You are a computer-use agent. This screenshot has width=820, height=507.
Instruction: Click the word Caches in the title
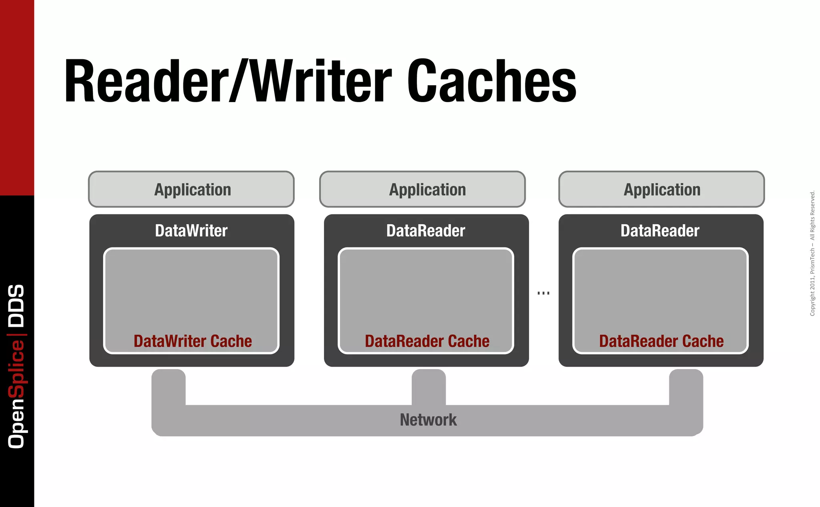(492, 81)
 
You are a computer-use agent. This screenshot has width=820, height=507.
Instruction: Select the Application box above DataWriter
(191, 189)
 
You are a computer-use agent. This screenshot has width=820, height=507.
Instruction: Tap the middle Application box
(422, 189)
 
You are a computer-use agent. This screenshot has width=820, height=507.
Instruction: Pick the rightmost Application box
(661, 189)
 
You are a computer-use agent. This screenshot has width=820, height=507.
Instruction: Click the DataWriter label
(191, 231)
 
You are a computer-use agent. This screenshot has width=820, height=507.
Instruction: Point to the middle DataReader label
(426, 231)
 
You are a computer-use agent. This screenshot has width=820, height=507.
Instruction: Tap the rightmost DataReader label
(660, 231)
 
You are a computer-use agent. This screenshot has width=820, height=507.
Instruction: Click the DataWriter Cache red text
(193, 341)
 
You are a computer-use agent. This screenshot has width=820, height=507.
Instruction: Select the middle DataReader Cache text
(427, 341)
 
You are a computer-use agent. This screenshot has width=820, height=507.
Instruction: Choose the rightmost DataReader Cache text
(661, 341)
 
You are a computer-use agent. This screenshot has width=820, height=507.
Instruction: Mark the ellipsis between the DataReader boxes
(543, 293)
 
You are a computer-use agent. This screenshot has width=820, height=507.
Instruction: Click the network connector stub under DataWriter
(169, 386)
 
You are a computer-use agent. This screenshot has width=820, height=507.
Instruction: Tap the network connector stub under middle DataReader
(428, 386)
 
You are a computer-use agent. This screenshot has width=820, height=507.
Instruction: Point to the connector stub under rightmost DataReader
(686, 386)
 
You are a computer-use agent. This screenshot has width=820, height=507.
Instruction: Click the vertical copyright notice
(812, 253)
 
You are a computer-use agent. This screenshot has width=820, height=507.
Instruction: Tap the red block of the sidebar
(17, 96)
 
